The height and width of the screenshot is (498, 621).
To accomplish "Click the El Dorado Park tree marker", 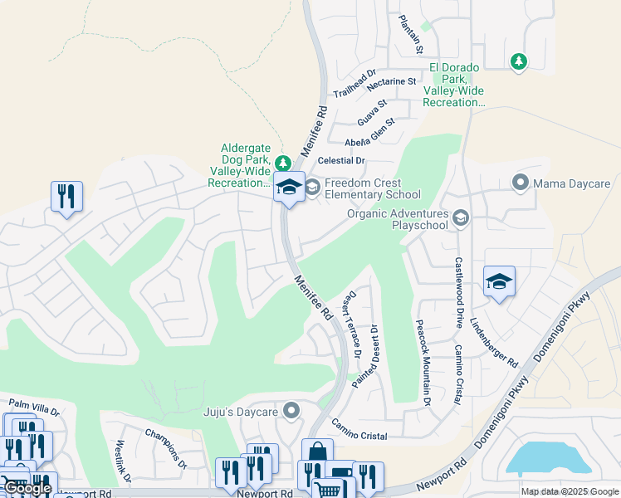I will [x=519, y=61].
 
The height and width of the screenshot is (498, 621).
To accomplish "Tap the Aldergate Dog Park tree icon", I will [x=283, y=162].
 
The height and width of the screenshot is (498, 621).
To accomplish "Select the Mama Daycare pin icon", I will [x=521, y=182].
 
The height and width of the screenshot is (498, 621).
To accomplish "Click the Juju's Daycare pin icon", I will [x=291, y=410].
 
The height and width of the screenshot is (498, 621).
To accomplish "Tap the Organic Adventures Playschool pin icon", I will [x=461, y=218].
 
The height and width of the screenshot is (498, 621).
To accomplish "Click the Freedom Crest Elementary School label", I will [x=372, y=188].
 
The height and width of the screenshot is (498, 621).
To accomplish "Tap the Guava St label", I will [x=373, y=109].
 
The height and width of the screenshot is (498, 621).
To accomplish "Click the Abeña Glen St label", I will [x=370, y=131].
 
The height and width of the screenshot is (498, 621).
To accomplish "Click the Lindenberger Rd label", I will [x=493, y=343].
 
